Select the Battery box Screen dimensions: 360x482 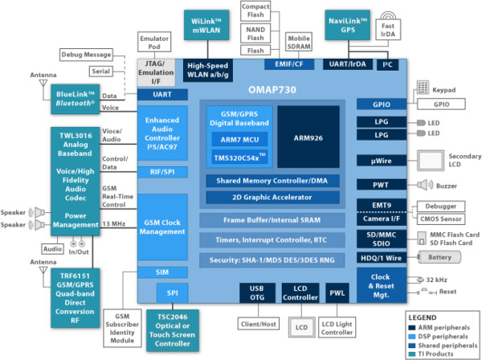tap(437, 257)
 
